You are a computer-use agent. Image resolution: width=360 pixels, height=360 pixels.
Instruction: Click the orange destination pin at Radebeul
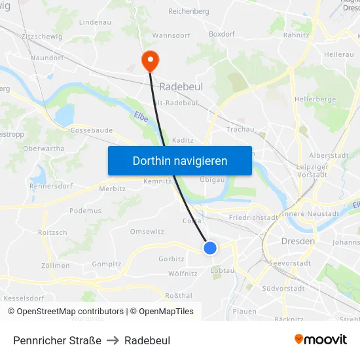[x=150, y=60]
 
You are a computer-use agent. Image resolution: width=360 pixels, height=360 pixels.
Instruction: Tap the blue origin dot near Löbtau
[x=210, y=247]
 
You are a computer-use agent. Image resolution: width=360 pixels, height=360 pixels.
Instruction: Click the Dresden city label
[x=297, y=241]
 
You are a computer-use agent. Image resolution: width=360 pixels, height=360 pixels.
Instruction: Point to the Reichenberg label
[x=188, y=11]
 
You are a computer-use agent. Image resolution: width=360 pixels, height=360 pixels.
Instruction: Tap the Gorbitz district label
[x=171, y=259]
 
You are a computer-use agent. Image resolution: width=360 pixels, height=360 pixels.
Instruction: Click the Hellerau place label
[x=338, y=54]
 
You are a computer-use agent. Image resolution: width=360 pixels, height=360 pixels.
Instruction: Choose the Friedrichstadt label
[x=254, y=217]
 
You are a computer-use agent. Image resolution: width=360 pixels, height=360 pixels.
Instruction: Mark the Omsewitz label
[x=147, y=232]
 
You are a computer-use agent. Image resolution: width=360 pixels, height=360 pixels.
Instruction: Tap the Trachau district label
[x=240, y=129]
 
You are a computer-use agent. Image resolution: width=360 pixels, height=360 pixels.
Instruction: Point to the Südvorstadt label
[x=283, y=288]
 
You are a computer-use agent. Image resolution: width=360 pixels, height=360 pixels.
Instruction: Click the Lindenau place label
[x=94, y=22]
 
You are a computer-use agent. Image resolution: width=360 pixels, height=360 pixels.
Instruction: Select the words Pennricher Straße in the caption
[x=57, y=340]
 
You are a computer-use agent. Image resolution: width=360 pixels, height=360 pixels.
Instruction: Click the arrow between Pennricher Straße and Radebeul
[x=113, y=340]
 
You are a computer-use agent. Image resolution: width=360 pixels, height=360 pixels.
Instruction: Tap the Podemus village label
[x=85, y=211]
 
